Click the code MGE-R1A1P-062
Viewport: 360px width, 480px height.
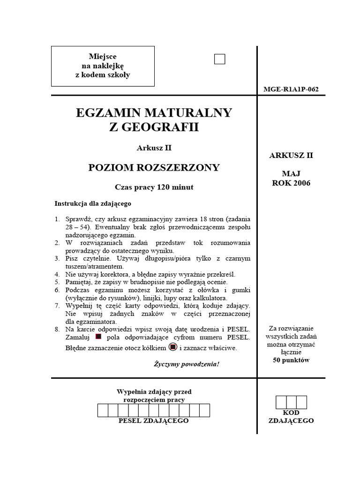tap(291, 89)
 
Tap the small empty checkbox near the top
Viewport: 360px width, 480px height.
tap(219, 59)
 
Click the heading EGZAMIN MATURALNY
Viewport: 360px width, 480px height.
tap(154, 113)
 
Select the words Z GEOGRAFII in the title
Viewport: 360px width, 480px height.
tap(154, 127)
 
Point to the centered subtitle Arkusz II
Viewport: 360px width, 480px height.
tap(154, 148)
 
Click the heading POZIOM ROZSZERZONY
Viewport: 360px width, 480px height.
tap(154, 168)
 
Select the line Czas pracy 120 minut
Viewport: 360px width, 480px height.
tap(154, 187)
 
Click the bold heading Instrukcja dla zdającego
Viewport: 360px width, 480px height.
tap(93, 204)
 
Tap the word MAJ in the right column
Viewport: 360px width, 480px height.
tap(291, 173)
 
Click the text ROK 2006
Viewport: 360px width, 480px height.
tap(291, 183)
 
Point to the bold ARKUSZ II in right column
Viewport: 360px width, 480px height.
tap(291, 156)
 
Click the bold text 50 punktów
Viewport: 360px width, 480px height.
tap(291, 360)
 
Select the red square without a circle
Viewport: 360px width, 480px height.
tap(98, 337)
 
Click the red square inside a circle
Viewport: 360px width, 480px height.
tap(172, 347)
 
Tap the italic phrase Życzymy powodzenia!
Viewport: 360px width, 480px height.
tap(186, 364)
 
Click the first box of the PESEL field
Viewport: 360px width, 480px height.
tap(103, 410)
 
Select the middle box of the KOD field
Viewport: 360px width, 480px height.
tap(291, 402)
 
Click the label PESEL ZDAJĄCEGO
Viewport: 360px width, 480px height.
tap(154, 421)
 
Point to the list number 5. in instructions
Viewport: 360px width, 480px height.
tap(57, 282)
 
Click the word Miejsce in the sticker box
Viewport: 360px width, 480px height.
tap(103, 57)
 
